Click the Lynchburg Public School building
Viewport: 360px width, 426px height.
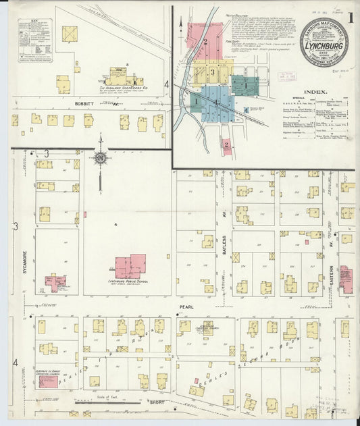130,266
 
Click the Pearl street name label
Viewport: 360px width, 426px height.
186,307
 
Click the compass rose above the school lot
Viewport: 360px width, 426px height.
100,159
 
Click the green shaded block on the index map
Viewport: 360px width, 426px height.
245,86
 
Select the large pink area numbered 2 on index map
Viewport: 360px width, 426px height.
204,43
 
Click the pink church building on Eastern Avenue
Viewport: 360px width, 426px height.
345,278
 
